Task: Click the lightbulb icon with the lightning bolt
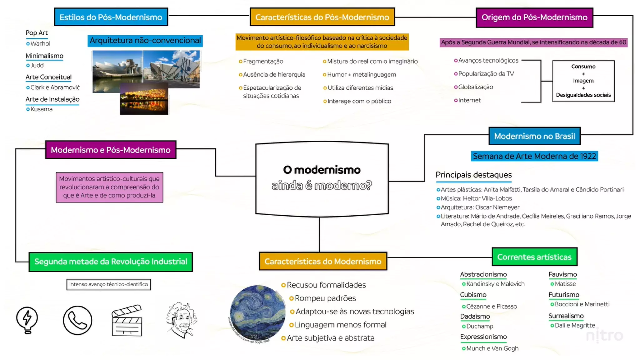point(27,320)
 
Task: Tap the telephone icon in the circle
point(77,320)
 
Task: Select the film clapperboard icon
point(127,321)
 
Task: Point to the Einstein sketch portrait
point(182,319)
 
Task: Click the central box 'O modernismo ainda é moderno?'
point(322,178)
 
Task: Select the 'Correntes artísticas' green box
point(534,257)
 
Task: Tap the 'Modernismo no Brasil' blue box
point(534,136)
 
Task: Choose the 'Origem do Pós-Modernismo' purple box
point(534,17)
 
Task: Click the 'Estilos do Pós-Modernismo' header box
point(111,17)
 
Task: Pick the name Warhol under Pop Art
point(40,43)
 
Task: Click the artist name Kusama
point(41,109)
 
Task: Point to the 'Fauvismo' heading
point(562,274)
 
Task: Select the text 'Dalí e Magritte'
point(575,325)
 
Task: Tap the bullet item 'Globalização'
point(475,87)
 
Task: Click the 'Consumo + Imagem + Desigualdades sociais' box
point(583,81)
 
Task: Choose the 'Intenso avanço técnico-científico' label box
point(108,284)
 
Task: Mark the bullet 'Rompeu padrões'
point(325,298)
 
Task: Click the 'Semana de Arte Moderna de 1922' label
point(534,156)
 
